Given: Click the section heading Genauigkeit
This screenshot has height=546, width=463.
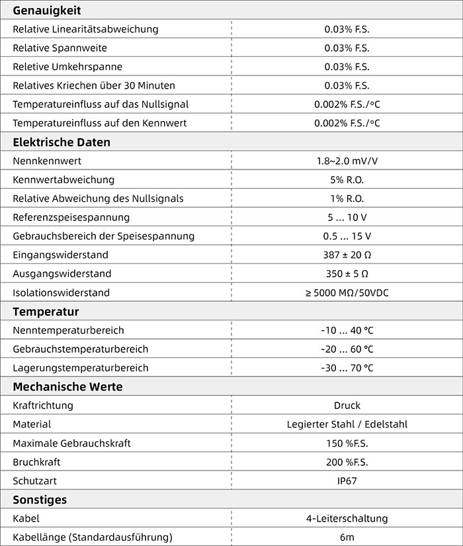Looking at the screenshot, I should point(47,10).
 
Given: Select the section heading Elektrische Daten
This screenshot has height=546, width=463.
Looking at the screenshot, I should point(62,142).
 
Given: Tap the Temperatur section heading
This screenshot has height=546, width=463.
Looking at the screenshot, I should point(46,312).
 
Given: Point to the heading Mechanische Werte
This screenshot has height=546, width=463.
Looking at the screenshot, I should point(67,387).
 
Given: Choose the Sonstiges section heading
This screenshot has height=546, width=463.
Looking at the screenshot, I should point(40,500).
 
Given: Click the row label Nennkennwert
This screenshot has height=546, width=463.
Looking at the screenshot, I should point(47,161).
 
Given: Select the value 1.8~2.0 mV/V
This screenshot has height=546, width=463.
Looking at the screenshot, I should point(347,161).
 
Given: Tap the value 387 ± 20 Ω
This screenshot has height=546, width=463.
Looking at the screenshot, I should point(347,255).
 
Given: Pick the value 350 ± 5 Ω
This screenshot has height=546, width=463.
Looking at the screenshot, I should point(347,273).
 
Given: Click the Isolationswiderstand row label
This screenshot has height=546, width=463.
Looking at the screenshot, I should point(62,293).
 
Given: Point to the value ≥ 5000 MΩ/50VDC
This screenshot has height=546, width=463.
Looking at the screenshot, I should point(347,293).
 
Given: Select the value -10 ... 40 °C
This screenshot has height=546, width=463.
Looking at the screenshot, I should point(347,330).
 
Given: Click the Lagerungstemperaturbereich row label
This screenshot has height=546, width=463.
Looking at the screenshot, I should point(81,368).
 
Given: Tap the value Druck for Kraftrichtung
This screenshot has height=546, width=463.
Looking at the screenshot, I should point(347,406).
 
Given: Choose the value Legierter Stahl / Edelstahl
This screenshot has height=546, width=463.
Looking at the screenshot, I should point(347,424).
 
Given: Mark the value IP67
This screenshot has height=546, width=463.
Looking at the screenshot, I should point(347,480).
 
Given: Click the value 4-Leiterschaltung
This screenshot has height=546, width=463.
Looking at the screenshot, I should point(347,519).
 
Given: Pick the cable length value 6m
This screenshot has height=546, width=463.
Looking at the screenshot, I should point(347,537).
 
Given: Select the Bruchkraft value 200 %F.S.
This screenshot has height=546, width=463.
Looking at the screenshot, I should point(347,462).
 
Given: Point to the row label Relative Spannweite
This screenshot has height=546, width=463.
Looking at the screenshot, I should point(60,48).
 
